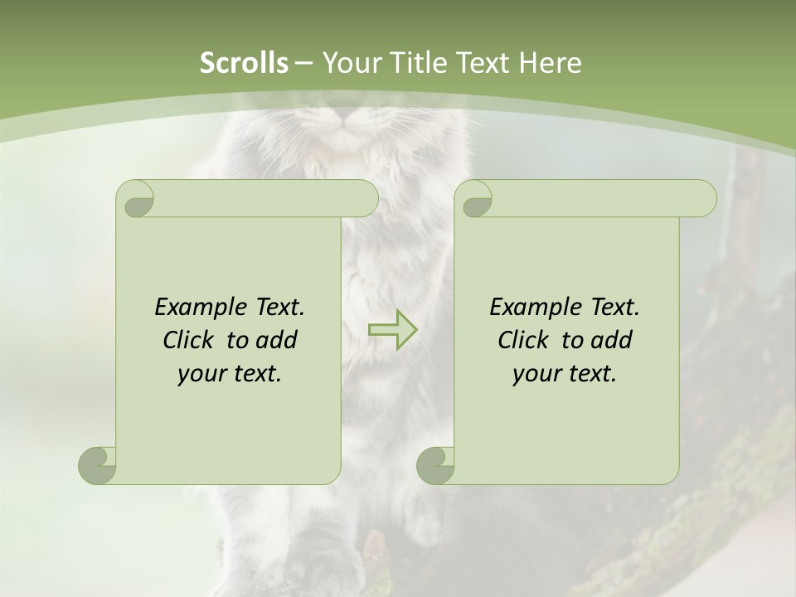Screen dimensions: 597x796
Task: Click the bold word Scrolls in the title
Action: tap(244, 63)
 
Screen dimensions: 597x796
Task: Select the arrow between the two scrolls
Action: tap(392, 329)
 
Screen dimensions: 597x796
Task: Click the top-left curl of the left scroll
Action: tap(136, 200)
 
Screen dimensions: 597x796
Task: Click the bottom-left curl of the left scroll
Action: tap(98, 464)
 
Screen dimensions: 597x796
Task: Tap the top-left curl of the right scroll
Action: tap(475, 200)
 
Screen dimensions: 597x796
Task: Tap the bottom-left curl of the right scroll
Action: tap(435, 464)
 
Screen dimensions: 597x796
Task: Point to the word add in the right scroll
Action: tap(612, 341)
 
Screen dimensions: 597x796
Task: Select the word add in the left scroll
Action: tap(277, 341)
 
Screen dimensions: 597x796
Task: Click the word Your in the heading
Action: tap(349, 63)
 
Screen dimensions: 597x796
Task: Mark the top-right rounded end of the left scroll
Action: tap(366, 199)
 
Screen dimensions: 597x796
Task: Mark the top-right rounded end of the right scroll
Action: tap(704, 199)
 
